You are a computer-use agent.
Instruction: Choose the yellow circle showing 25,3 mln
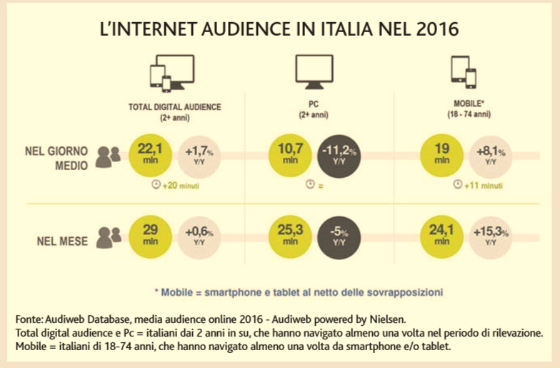pos(291,236)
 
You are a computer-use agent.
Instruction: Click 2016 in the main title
pos(426,30)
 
